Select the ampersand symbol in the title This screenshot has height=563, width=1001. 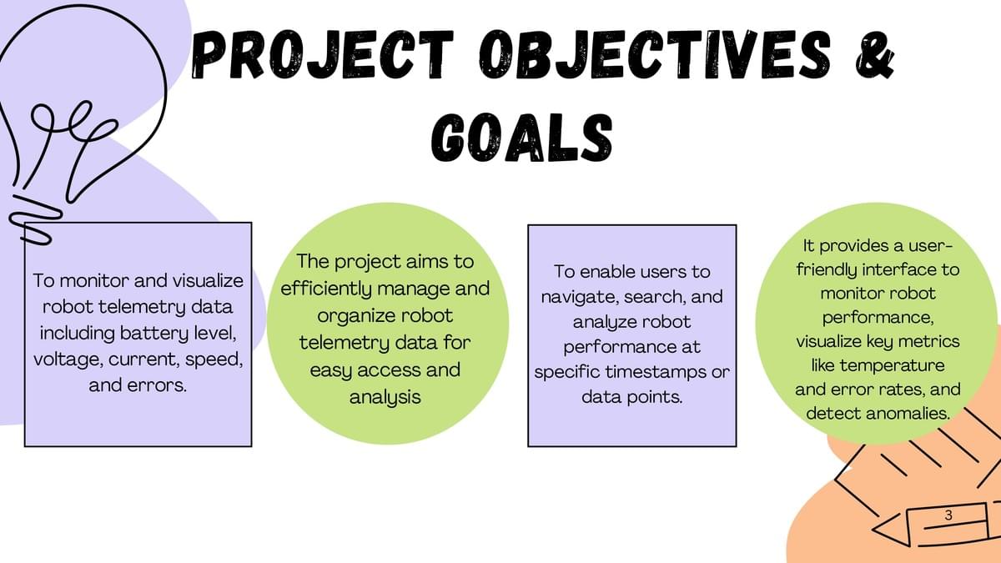pos(875,57)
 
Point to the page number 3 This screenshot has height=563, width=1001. pos(948,515)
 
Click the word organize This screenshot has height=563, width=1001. pos(349,316)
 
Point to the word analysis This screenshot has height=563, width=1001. pos(385,397)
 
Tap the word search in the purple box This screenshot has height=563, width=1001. pos(654,297)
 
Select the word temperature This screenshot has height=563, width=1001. pos(892,366)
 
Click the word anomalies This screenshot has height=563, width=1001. pos(908,414)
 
